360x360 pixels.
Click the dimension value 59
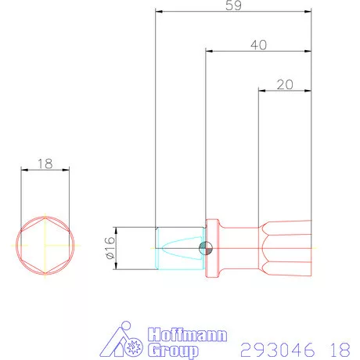(232, 5)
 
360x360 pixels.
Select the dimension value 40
(258, 45)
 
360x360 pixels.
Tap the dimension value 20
(285, 84)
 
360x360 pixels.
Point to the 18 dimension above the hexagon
(45, 164)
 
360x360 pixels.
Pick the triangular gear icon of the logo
(126, 340)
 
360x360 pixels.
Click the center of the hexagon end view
(45, 244)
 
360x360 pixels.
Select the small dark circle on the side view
(205, 249)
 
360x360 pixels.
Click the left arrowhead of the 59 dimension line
(157, 13)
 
